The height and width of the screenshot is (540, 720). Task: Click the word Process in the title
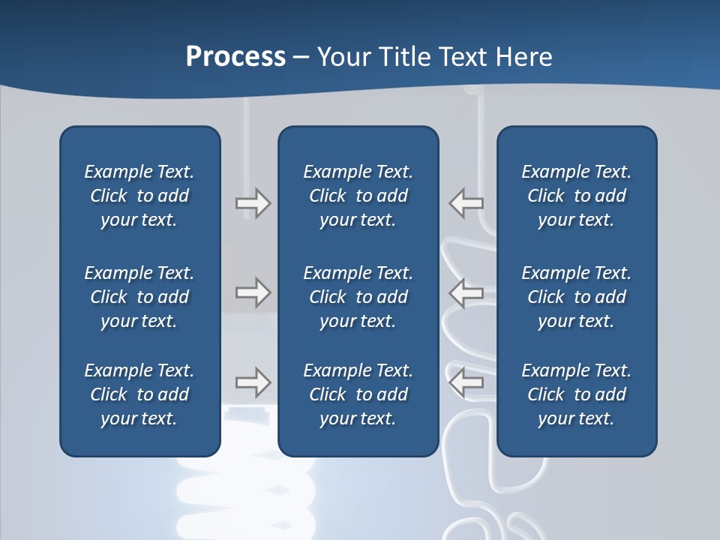tap(235, 57)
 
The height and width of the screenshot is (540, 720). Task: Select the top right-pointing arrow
tap(253, 203)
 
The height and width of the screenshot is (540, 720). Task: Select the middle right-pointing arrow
tap(253, 292)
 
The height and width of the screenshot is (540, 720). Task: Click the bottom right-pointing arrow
tap(253, 382)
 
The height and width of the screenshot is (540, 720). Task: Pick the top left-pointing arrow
tap(466, 203)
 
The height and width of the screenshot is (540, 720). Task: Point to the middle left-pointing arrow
tap(466, 292)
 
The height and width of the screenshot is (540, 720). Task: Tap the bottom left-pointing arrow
tap(466, 382)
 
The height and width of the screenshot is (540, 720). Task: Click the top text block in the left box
tap(139, 196)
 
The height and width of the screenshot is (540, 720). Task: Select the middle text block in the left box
tap(139, 297)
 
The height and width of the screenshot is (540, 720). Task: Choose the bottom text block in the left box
tap(139, 394)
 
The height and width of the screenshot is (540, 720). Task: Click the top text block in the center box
tap(358, 196)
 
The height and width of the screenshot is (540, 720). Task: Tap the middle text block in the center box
tap(358, 297)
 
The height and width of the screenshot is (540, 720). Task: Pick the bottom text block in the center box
tap(358, 394)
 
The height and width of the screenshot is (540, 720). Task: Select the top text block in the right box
tap(576, 196)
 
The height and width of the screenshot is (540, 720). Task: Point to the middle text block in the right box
tap(576, 297)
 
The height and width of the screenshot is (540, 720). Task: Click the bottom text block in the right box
tap(576, 394)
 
